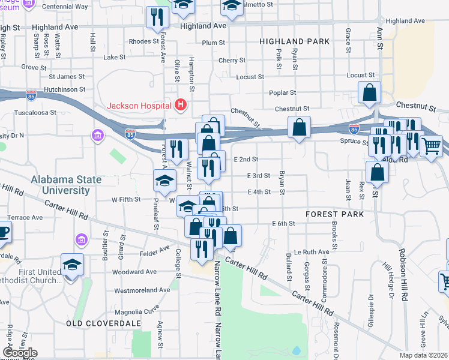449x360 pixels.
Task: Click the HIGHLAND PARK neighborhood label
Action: tap(294, 41)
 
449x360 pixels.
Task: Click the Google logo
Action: tap(20, 353)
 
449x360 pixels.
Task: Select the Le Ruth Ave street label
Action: tap(312, 252)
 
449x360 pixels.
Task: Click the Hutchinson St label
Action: tap(65, 89)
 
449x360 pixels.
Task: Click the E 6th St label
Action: tap(283, 223)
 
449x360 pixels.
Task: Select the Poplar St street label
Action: tap(285, 93)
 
